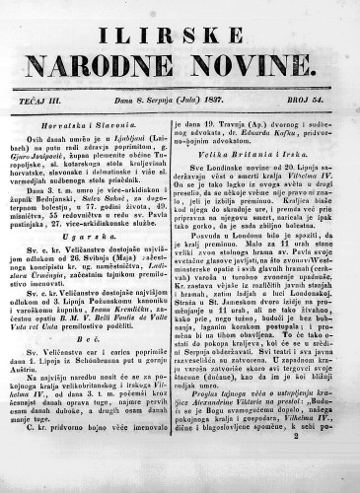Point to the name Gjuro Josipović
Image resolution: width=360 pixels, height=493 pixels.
47,157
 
